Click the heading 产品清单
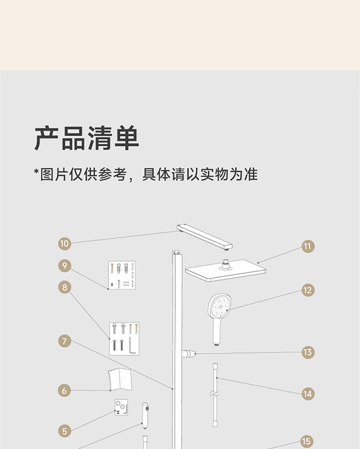point(87,138)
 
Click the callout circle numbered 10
point(64,243)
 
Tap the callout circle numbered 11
point(308,246)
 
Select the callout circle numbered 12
point(308,290)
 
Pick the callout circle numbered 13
point(308,352)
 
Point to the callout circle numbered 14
point(308,394)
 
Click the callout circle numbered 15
point(307,441)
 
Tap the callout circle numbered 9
point(64,266)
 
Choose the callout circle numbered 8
point(64,287)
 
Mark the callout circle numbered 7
point(64,341)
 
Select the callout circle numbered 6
point(64,391)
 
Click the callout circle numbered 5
point(64,431)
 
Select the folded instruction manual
point(120,380)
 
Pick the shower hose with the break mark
point(215,394)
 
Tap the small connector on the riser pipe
point(189,353)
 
